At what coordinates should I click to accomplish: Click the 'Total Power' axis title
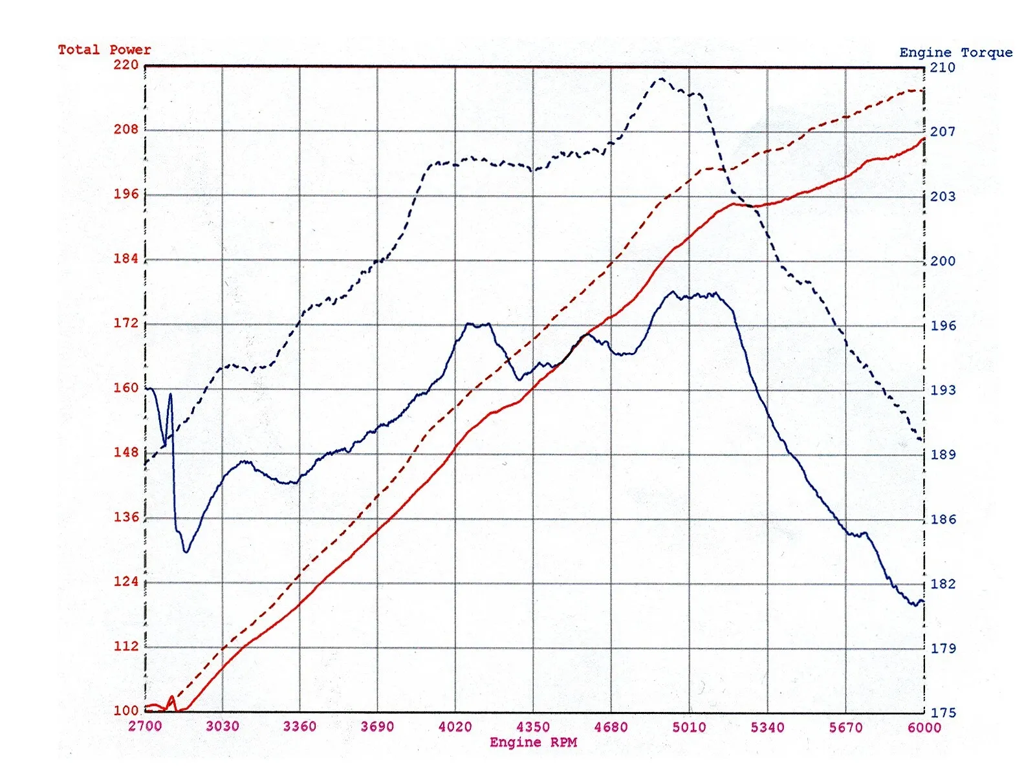[x=104, y=50]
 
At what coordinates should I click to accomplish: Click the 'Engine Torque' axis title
[x=955, y=52]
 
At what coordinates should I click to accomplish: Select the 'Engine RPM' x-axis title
[x=533, y=742]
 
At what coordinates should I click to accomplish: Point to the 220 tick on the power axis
[x=126, y=65]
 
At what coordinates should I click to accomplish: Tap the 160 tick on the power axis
[x=126, y=388]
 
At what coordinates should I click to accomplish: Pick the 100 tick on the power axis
[x=126, y=711]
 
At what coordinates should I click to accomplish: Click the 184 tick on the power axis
[x=126, y=259]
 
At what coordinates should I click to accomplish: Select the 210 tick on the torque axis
[x=942, y=67]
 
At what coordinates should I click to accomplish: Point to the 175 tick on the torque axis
[x=942, y=713]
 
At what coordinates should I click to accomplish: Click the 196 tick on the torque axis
[x=942, y=325]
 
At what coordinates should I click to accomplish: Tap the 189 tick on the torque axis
[x=942, y=455]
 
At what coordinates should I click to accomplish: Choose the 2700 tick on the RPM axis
[x=145, y=726]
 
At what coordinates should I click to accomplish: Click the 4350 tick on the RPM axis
[x=533, y=727]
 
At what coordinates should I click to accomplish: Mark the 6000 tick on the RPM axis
[x=924, y=727]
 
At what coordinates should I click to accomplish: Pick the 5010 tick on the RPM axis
[x=689, y=727]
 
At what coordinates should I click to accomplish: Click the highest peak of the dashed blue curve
[x=661, y=79]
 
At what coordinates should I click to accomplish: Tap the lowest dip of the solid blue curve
[x=186, y=552]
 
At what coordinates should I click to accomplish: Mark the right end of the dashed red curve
[x=922, y=91]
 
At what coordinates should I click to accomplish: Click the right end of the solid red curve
[x=924, y=138]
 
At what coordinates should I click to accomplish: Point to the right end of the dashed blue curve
[x=921, y=440]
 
